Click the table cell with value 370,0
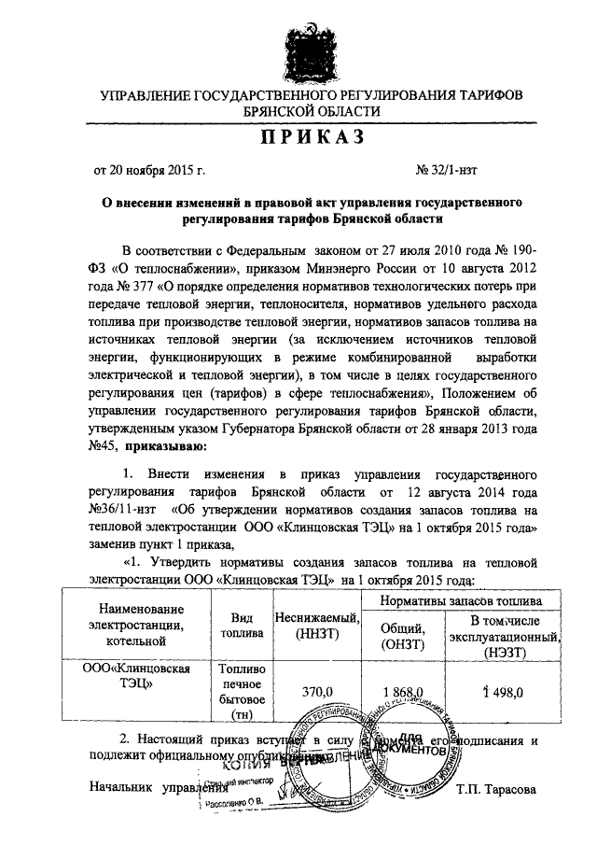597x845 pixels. click(318, 691)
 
